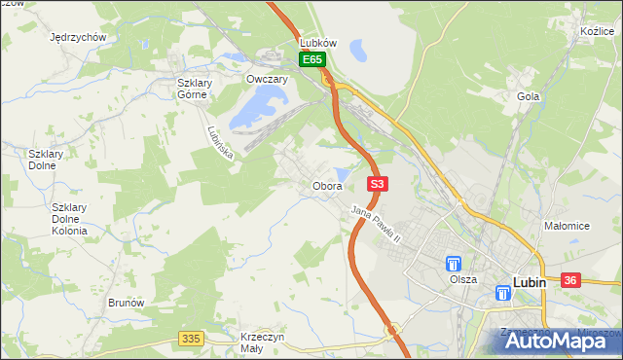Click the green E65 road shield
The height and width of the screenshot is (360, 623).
[311, 60]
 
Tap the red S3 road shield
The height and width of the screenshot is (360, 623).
[379, 183]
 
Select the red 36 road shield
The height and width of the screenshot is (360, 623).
[571, 280]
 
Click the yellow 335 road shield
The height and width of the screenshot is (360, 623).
[191, 338]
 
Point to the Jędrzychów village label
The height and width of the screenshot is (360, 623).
[77, 37]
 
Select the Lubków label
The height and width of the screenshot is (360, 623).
[318, 44]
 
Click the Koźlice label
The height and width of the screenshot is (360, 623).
[594, 32]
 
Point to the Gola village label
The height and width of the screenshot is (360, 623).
[529, 96]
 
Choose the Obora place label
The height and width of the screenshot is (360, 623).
[327, 186]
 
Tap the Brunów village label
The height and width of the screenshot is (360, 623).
[127, 303]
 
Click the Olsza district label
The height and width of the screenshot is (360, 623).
[463, 279]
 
